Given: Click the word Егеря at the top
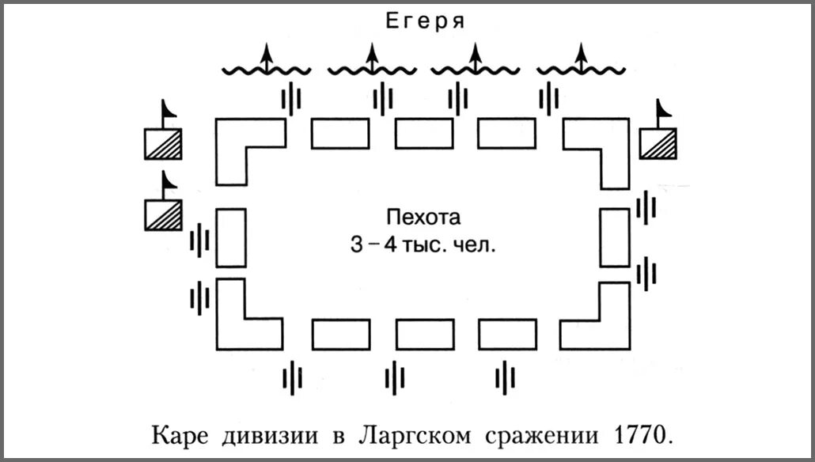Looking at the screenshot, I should [x=423, y=21].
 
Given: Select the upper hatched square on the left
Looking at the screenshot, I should [x=162, y=143].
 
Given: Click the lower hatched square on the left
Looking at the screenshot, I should [x=162, y=214].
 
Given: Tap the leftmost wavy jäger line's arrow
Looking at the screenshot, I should [x=267, y=59].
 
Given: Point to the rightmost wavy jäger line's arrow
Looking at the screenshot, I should [x=582, y=59].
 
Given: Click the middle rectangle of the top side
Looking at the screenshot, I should [x=424, y=134].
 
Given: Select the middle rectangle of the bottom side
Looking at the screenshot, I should [x=425, y=334].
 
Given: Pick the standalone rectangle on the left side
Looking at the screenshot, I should [x=231, y=237].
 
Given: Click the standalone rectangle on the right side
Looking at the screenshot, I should [x=614, y=237].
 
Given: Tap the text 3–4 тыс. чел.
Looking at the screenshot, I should [x=423, y=244].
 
